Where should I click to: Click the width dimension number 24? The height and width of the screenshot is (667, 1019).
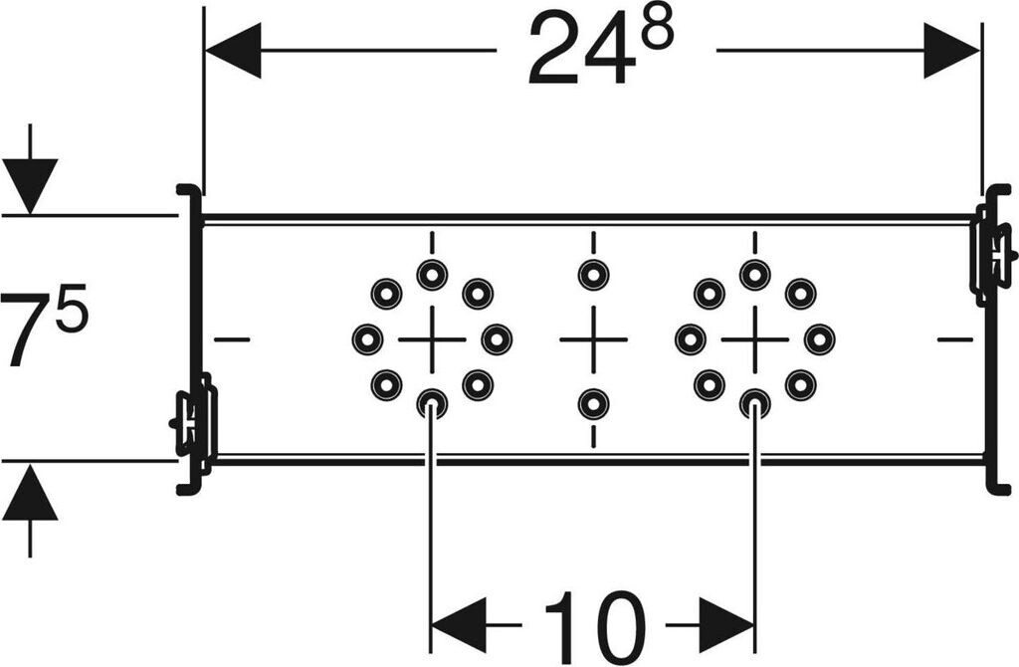[580, 51]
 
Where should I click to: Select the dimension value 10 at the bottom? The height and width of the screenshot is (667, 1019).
[594, 625]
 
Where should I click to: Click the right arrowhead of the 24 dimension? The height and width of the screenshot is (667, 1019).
[952, 50]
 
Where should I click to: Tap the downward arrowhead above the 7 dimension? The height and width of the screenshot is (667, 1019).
[30, 185]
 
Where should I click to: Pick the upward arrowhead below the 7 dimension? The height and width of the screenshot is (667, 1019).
[30, 493]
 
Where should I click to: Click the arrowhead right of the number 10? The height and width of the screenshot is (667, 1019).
[726, 625]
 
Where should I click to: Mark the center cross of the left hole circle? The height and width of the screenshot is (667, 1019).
[432, 339]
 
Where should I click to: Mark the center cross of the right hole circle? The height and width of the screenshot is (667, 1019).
[754, 339]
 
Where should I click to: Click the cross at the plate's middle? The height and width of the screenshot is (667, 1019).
[593, 339]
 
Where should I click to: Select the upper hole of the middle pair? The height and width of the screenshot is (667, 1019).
[593, 275]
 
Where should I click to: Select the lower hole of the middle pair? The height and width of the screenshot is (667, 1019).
[593, 403]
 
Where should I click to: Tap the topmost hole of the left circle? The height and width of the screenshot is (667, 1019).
[432, 275]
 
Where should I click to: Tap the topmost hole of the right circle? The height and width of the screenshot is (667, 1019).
[754, 275]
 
